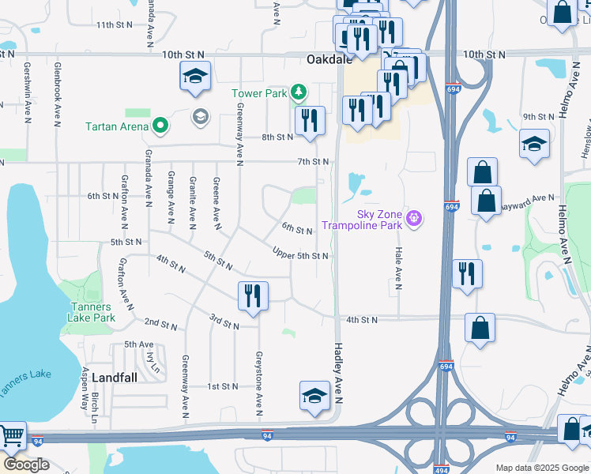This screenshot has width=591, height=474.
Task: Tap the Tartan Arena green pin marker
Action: [x=160, y=125]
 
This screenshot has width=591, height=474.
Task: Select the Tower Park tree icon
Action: [x=298, y=93]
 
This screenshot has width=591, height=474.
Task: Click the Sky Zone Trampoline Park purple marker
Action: [x=412, y=216]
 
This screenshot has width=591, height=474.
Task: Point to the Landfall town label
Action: [x=114, y=378]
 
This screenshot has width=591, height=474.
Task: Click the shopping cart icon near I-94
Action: [x=12, y=436]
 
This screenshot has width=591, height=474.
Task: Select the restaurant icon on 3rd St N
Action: [x=254, y=296]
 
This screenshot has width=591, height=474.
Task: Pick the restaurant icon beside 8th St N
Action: [x=309, y=121]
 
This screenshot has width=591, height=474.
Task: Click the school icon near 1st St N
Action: [x=314, y=397]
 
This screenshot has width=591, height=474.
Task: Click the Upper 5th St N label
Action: [x=299, y=256]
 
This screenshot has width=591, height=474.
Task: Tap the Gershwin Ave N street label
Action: [x=27, y=92]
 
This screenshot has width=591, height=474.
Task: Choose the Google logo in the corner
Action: [x=26, y=465]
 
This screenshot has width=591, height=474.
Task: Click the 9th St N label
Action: [x=538, y=117]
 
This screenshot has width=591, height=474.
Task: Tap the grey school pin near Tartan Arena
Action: [x=201, y=117]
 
